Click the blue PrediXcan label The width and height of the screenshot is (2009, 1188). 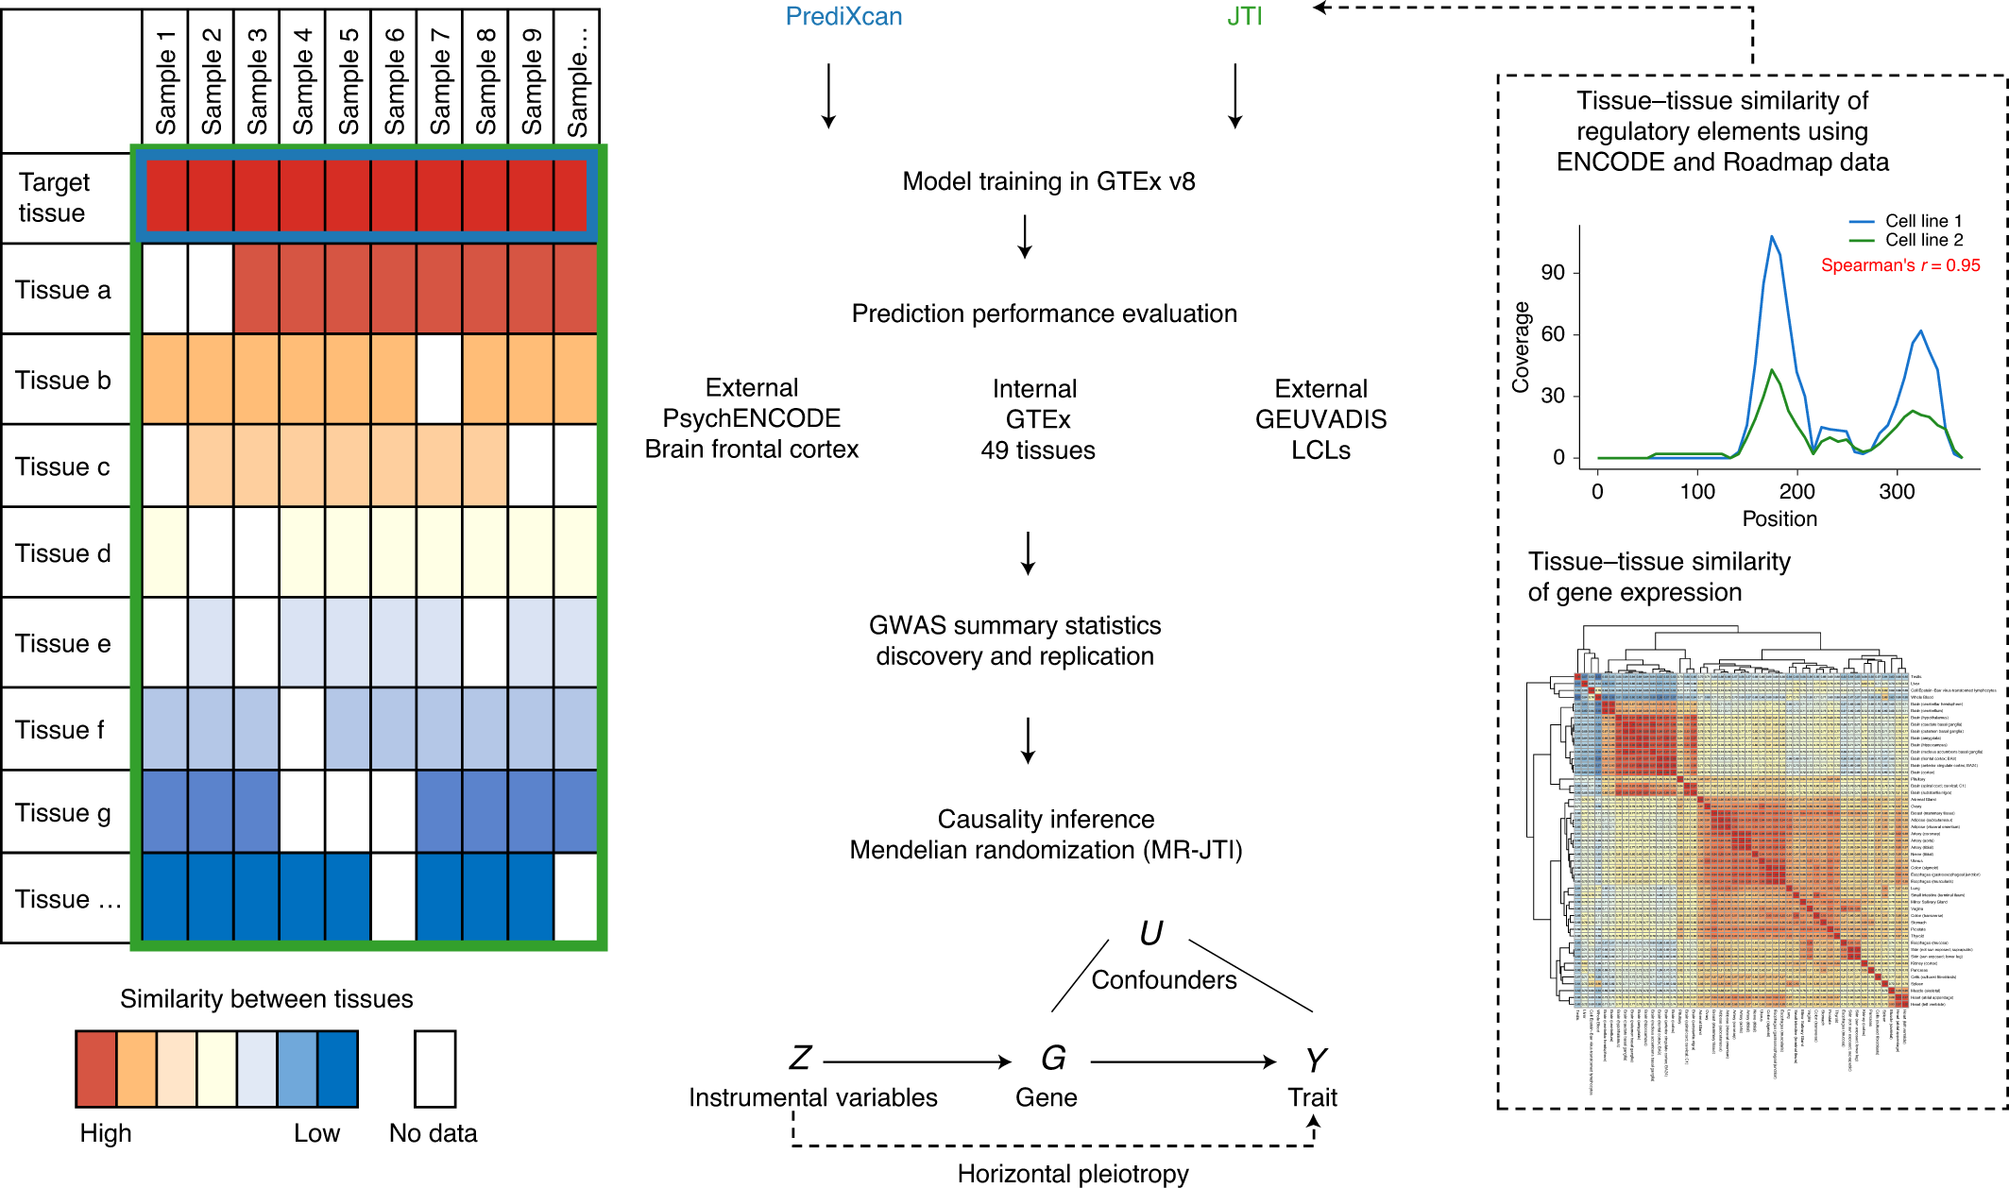coord(843,17)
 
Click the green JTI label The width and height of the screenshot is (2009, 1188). coord(1244,17)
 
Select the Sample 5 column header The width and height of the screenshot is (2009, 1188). coord(349,81)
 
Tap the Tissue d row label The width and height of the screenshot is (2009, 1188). coord(63,553)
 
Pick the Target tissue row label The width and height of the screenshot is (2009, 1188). coord(54,197)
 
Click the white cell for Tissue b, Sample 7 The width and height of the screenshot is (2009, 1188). coord(439,380)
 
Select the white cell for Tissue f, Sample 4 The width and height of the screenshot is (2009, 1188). coord(302,729)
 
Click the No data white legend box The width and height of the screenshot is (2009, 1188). coord(434,1068)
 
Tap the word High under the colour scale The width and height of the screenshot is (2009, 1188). coord(106,1133)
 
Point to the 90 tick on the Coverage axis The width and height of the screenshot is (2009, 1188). coord(1553,273)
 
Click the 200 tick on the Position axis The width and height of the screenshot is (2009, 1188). coord(1796,492)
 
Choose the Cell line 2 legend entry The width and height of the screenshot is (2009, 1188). coord(1923,240)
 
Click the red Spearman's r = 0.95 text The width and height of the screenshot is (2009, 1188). coord(1900,265)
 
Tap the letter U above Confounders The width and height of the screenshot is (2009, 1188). coord(1150,934)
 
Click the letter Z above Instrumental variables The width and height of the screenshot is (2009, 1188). coord(801,1059)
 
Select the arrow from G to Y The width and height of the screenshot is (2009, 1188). coord(1183,1062)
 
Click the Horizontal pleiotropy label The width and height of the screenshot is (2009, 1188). coord(1073,1173)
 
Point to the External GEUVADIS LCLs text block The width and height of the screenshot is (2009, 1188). coord(1320,419)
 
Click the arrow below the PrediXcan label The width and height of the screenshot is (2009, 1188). coord(828,95)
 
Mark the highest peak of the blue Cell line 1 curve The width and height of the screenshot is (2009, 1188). coord(1772,237)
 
